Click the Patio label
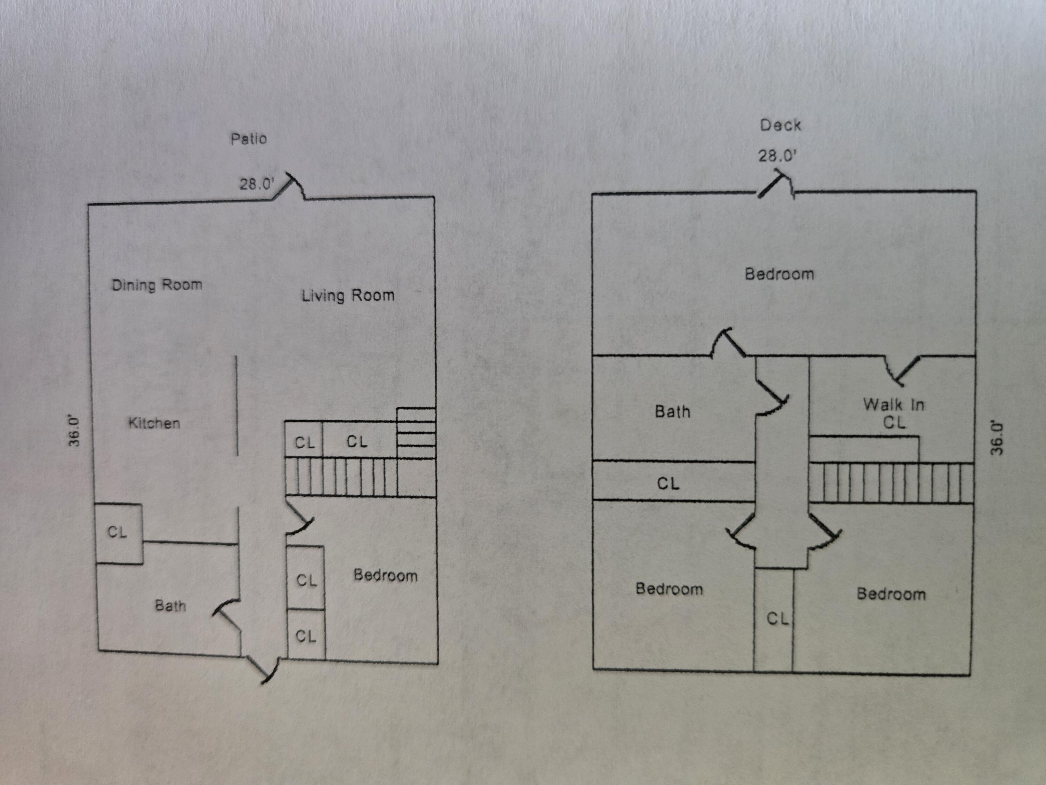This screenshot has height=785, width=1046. tap(249, 139)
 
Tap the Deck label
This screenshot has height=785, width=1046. tap(780, 125)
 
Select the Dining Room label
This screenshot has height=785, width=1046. tap(157, 285)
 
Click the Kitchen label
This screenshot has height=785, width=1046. tap(154, 423)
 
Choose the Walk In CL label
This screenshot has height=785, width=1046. tap(893, 413)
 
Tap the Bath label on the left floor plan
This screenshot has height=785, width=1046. tap(170, 606)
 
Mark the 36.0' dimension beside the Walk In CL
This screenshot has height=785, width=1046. tap(997, 438)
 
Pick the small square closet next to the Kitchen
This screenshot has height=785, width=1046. tap(118, 533)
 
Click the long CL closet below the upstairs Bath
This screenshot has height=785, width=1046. tap(668, 483)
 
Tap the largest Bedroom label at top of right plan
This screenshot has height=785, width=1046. tap(779, 274)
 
